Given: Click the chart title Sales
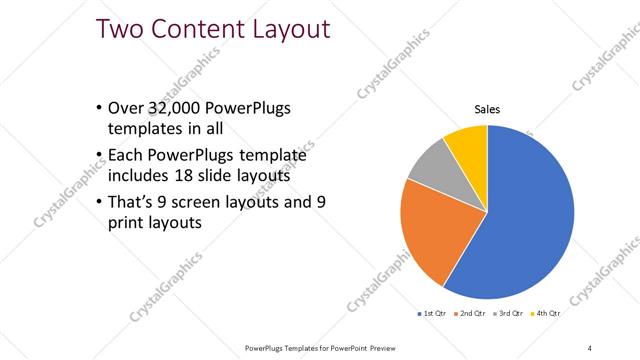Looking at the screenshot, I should point(487,110).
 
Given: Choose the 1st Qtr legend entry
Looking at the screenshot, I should point(433,313).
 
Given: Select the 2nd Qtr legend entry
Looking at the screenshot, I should point(473,313).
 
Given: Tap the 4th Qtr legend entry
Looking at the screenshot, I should point(546,313).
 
